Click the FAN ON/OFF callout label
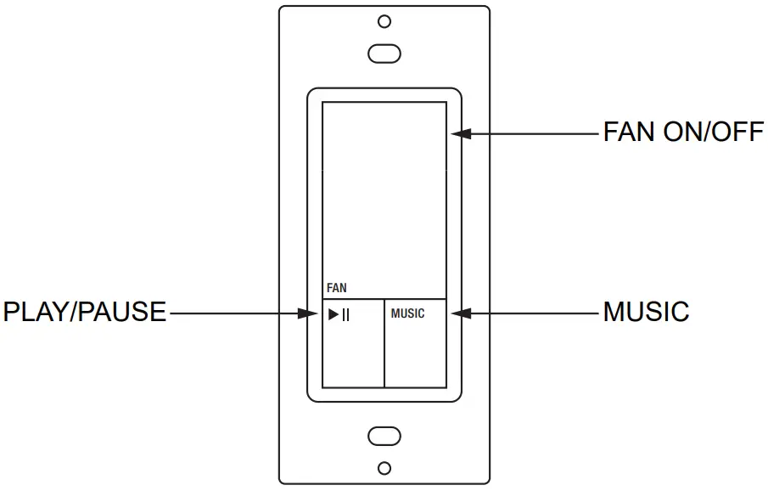click(683, 133)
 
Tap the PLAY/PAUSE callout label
click(85, 313)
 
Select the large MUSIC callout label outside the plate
click(646, 312)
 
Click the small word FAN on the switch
click(337, 289)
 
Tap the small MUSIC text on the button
click(407, 313)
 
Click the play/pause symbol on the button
click(339, 314)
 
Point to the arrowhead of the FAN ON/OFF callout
click(459, 133)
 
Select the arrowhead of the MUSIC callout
click(459, 313)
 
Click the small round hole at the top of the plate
click(384, 21)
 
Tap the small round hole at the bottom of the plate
click(384, 468)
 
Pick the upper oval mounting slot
click(384, 54)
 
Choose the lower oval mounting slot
click(384, 437)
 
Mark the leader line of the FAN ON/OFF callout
click(535, 133)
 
